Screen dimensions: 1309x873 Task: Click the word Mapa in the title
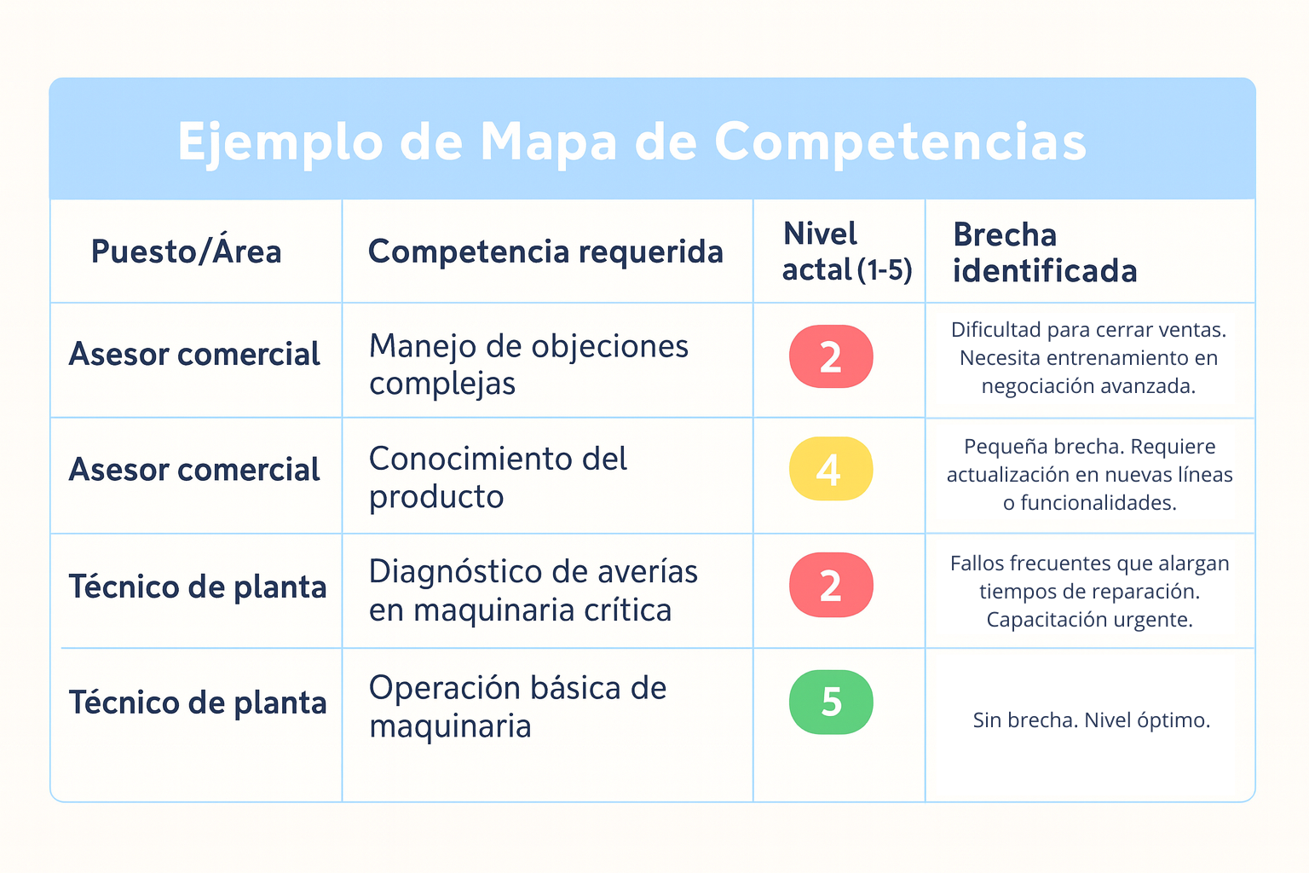pos(548,142)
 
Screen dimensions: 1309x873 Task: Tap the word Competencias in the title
pos(901,142)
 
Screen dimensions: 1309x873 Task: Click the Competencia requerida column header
pos(545,251)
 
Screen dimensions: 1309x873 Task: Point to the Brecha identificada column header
pos(1045,252)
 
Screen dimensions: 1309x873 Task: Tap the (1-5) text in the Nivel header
pos(885,269)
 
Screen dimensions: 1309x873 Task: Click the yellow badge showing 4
pos(831,468)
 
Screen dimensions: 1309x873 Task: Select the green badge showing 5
pos(831,702)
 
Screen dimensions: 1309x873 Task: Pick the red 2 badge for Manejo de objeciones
pos(831,356)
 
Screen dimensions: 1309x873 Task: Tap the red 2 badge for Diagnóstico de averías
pos(831,585)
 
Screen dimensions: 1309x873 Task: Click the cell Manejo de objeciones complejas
pos(529,364)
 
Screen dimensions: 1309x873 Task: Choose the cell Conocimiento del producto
pos(498,477)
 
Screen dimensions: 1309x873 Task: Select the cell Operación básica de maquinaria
pos(518,707)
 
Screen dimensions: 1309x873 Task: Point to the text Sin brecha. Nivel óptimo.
pos(1091,720)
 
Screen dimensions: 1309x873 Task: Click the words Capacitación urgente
pos(1089,619)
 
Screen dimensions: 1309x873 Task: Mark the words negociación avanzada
pos(1088,386)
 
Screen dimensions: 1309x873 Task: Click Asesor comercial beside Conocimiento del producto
pos(194,469)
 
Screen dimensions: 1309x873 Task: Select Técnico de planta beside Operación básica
pos(198,702)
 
